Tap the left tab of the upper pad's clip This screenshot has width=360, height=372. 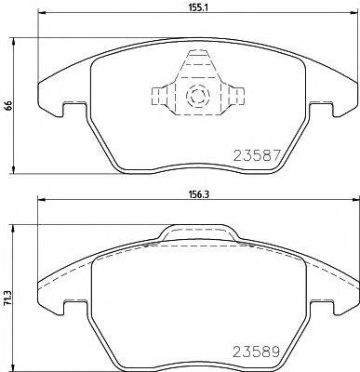point(159,95)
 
